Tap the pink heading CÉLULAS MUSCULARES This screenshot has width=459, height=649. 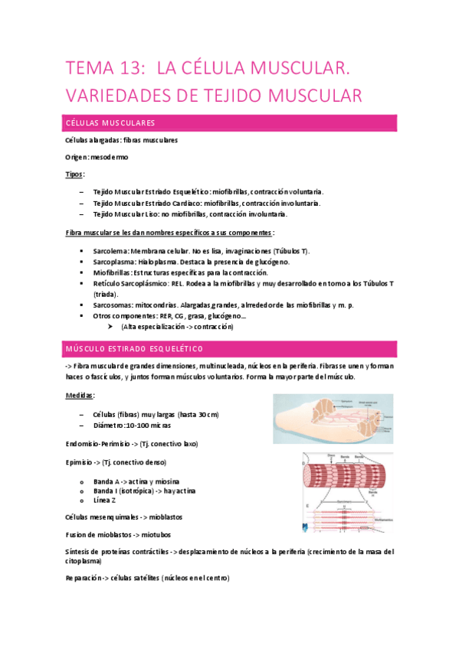pos(110,123)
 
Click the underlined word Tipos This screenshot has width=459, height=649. pos(75,174)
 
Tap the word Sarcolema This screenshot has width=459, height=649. pos(110,251)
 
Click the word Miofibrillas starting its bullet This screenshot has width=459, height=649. pos(111,272)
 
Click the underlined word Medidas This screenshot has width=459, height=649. pos(80,396)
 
